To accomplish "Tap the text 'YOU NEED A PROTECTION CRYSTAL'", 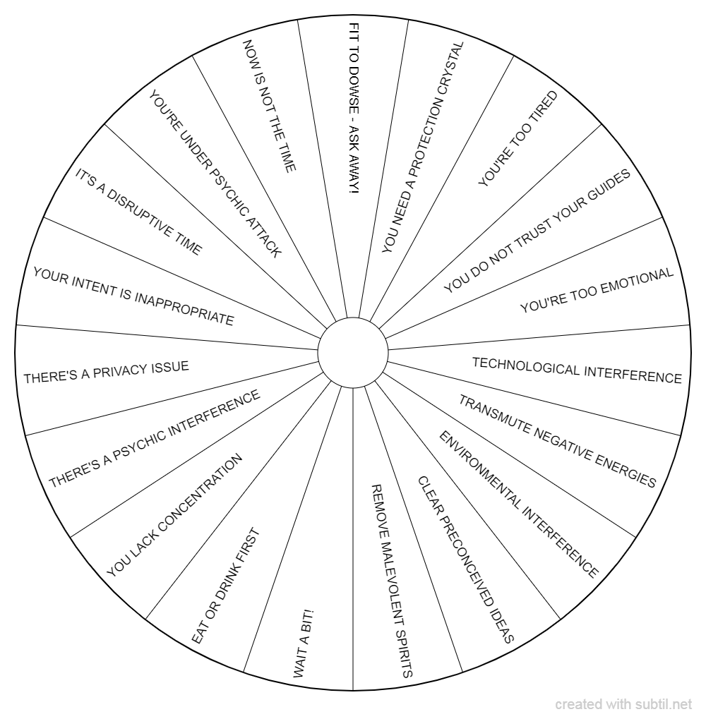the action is [x=423, y=147].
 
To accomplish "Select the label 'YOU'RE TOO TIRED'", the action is [x=518, y=138].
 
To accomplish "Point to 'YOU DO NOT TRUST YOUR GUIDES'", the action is [x=537, y=231].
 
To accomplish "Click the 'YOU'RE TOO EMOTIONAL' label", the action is [x=597, y=290].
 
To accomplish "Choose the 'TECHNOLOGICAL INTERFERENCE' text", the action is [x=577, y=370].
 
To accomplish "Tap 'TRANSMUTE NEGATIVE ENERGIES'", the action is [x=557, y=441].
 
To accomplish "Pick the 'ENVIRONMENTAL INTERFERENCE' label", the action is [x=519, y=504].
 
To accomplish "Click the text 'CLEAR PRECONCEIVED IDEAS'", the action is [x=466, y=560].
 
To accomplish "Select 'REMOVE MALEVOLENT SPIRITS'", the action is [x=392, y=581].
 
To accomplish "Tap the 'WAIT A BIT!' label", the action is [x=303, y=644].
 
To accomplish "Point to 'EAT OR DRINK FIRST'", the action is [x=225, y=586].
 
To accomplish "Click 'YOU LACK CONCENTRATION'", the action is [x=174, y=515].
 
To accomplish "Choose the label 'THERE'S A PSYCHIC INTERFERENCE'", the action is [x=155, y=439].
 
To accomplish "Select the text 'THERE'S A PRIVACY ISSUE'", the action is [x=107, y=372].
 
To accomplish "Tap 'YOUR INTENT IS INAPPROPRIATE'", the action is [x=133, y=296].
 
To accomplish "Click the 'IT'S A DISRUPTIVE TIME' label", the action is [x=138, y=212].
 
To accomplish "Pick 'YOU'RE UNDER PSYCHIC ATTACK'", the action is [x=215, y=174].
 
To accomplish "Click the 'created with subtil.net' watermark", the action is [x=623, y=704].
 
